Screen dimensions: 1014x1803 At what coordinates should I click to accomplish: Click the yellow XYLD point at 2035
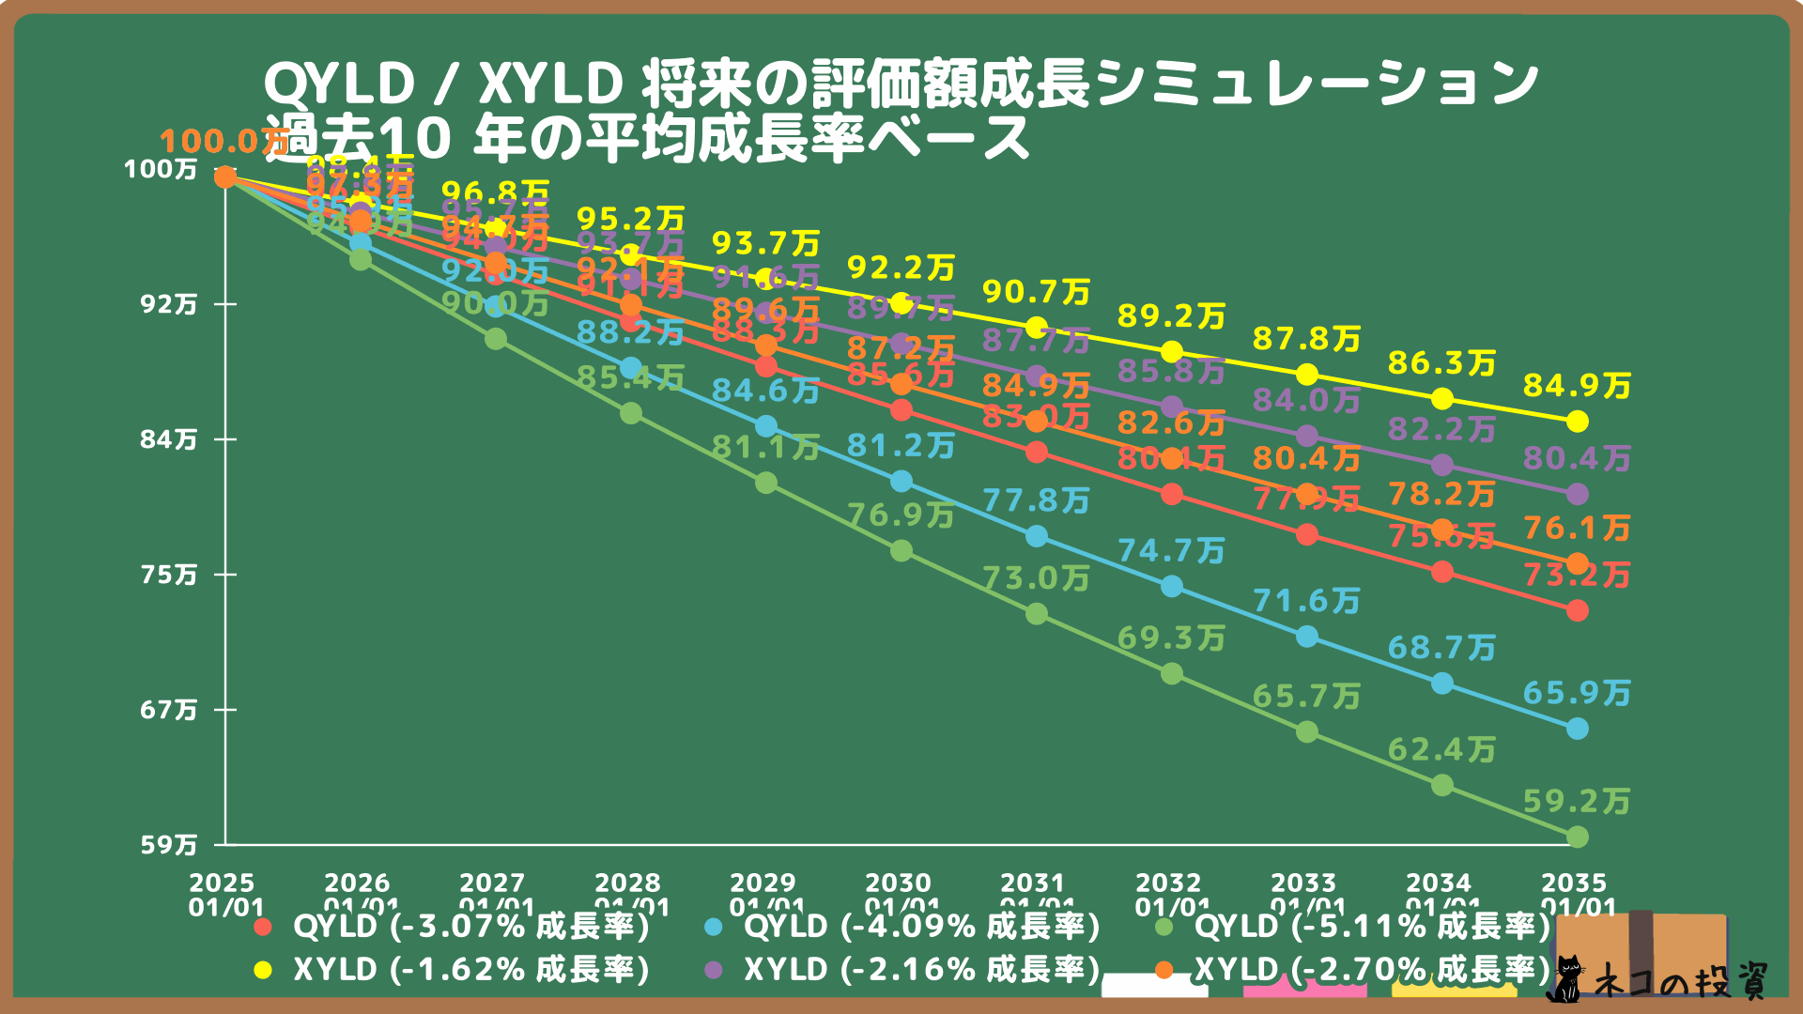point(1578,422)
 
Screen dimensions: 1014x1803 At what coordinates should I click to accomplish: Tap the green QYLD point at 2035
point(1578,837)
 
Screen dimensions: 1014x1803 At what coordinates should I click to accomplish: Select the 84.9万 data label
point(1577,386)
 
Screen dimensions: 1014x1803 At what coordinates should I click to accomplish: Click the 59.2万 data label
point(1577,802)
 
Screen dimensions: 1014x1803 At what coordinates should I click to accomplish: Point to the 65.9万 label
point(1577,694)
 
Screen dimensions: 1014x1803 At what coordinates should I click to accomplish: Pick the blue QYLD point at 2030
point(901,482)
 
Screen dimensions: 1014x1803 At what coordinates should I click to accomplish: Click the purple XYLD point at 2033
point(1307,437)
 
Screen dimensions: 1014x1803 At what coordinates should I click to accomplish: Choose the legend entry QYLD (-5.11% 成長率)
point(1372,927)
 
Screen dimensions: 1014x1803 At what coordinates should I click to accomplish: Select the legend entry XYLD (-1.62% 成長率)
point(470,970)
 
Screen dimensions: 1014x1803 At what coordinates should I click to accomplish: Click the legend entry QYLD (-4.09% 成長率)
point(921,927)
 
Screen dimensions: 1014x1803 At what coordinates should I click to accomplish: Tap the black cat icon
point(1564,979)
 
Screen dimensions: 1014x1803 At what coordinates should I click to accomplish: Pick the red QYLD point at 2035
point(1578,611)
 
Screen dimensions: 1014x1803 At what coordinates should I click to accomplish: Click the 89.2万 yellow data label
point(1171,316)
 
